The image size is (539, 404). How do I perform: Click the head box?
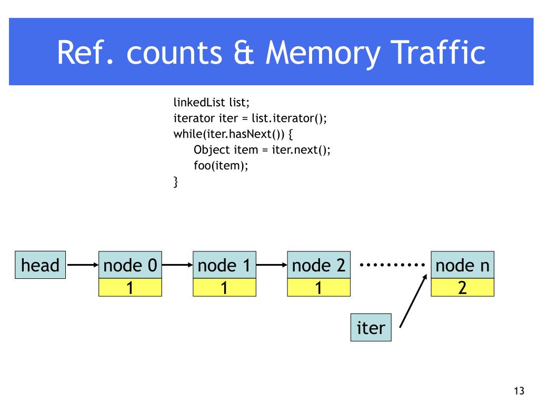pos(40,265)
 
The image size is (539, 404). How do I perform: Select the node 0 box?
pos(130,265)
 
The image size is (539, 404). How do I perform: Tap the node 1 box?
pos(224,265)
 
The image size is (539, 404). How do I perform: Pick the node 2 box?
pos(318,265)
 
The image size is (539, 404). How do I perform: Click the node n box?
pos(462,265)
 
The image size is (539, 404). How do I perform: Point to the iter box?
pos(371,327)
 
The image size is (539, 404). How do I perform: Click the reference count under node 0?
pos(130,288)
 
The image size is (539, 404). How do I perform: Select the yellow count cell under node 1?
pos(224,288)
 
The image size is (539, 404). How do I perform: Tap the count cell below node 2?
pos(318,288)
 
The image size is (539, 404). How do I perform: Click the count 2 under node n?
pos(462,288)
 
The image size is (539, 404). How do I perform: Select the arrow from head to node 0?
pos(83,265)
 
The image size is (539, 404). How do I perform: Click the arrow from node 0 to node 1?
pos(177,265)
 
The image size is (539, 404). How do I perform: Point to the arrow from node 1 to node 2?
pos(272,265)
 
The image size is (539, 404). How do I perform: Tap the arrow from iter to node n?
pos(413,301)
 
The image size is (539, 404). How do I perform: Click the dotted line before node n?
pos(392,265)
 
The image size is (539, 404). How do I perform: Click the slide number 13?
pos(519,391)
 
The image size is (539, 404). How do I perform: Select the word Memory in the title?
pos(323,53)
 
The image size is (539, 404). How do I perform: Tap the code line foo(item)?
pos(221,166)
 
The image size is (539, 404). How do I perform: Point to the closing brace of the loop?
pos(176,181)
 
